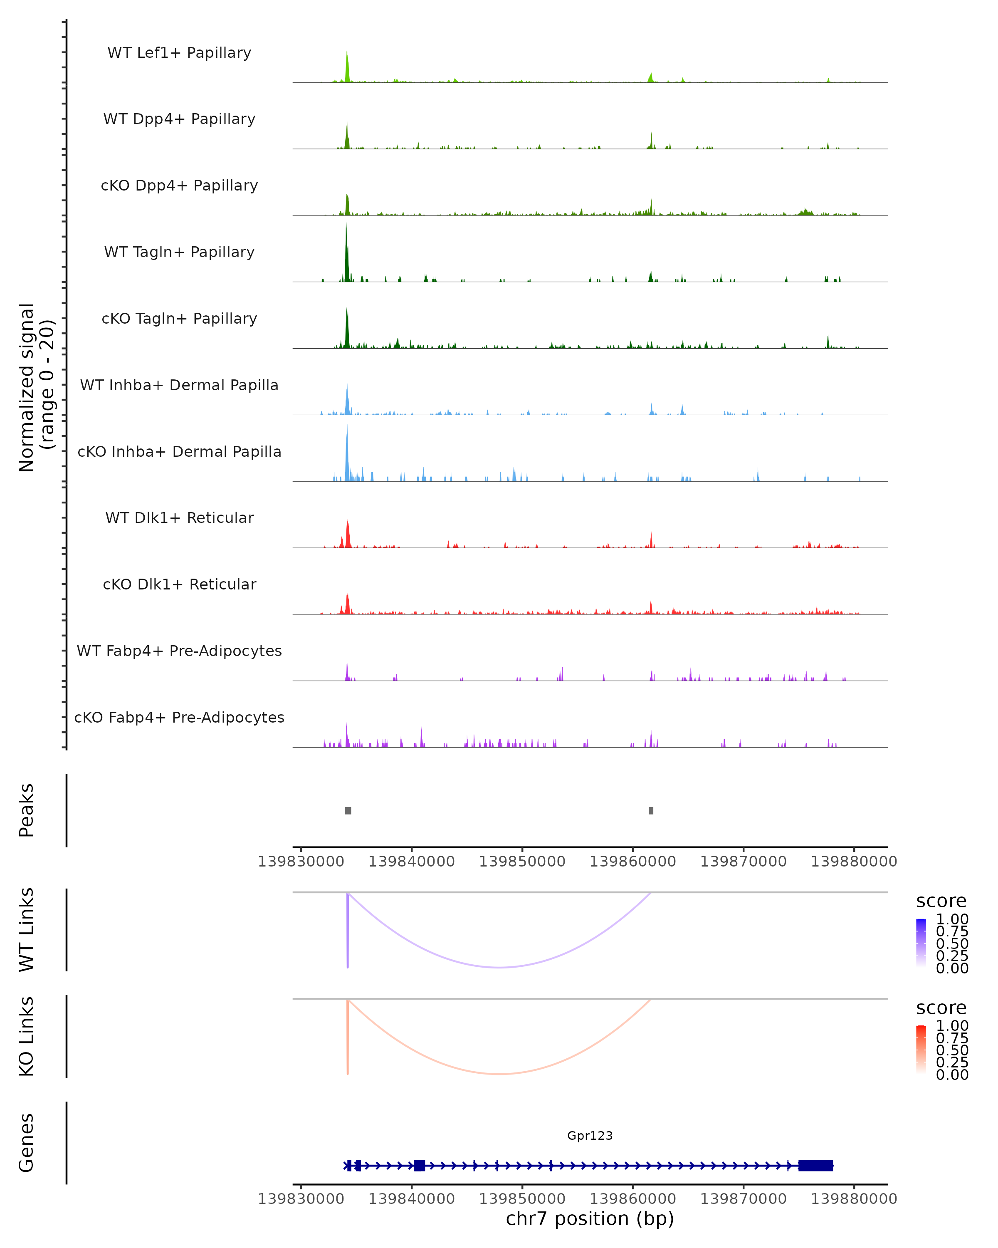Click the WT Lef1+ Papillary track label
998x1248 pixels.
tap(179, 53)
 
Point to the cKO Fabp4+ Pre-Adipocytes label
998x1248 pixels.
tap(179, 717)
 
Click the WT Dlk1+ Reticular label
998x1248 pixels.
tap(179, 518)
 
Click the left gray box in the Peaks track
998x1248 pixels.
tap(348, 810)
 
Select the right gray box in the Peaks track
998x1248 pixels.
tap(651, 810)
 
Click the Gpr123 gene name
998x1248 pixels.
tap(590, 1135)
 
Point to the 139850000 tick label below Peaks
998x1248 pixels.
tap(522, 862)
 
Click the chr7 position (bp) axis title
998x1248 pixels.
tap(590, 1218)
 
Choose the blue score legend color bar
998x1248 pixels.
tap(921, 942)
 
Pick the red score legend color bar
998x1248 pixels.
tap(921, 1049)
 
